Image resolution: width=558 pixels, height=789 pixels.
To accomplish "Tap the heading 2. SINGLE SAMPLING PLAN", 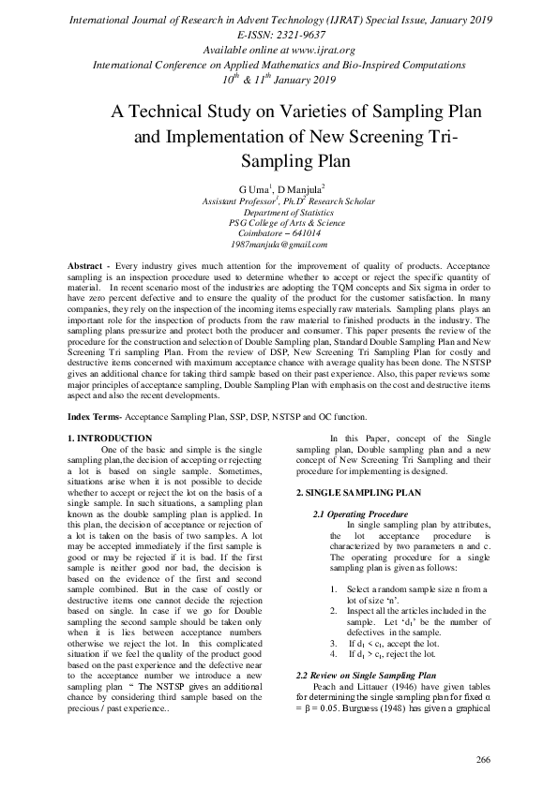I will pyautogui.click(x=352, y=492).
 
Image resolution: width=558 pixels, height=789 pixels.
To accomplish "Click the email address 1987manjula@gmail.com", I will pyautogui.click(x=279, y=244).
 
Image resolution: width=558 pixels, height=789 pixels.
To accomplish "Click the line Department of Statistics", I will pyautogui.click(x=279, y=213).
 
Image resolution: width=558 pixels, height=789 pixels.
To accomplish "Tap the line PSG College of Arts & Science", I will pyautogui.click(x=279, y=223).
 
